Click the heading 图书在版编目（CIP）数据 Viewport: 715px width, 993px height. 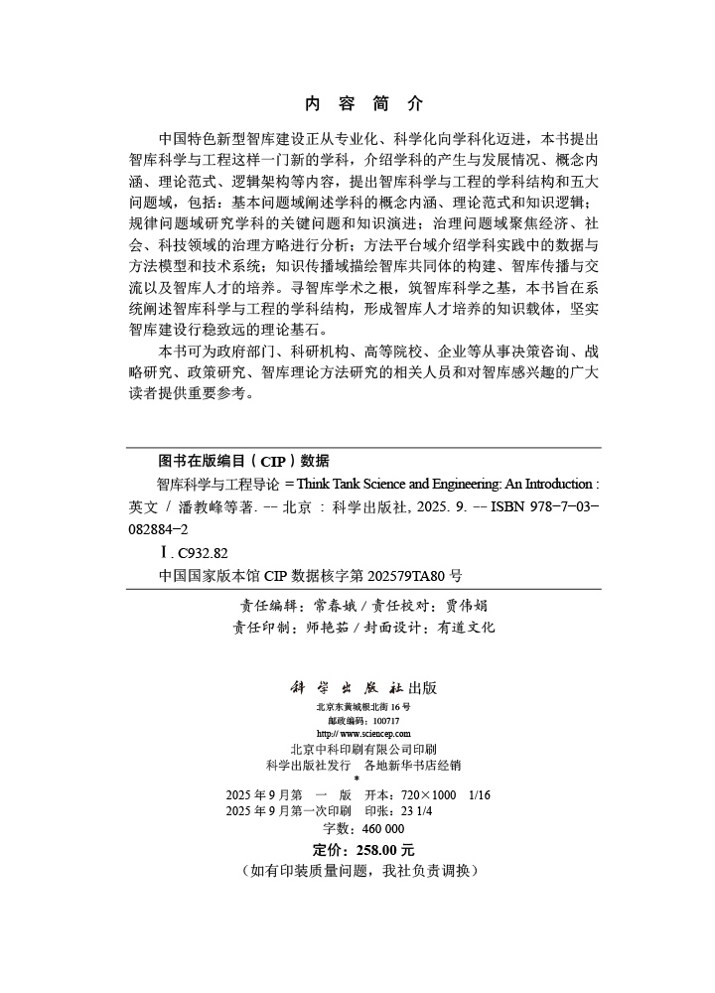(242, 461)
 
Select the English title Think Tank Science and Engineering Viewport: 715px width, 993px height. (400, 486)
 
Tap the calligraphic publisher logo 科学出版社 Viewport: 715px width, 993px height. (339, 687)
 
